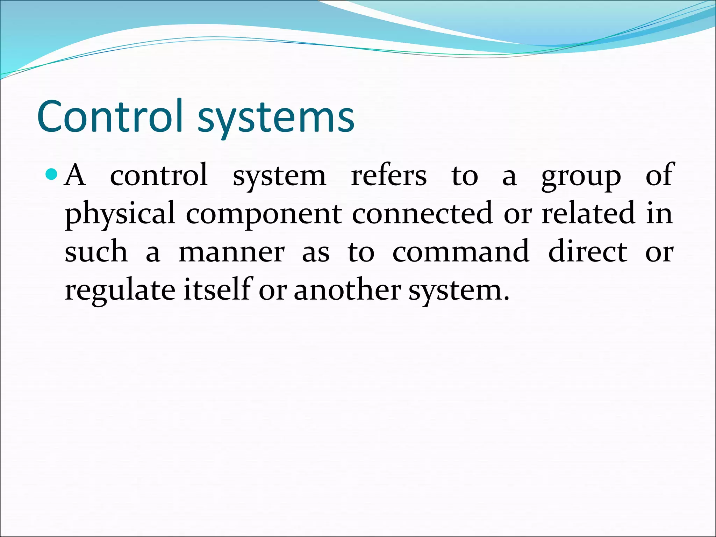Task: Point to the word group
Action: pos(581,177)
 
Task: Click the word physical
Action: pos(120,214)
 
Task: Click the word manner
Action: pos(231,252)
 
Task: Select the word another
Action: pos(347,290)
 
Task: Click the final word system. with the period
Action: pos(459,291)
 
